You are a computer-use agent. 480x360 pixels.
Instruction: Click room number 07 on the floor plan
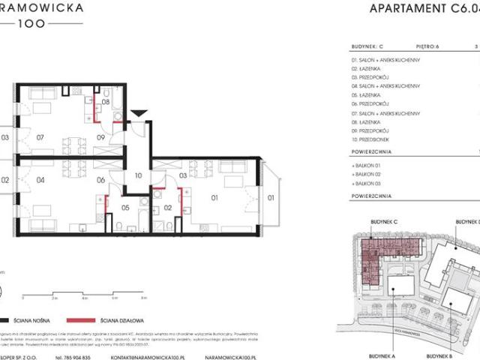point(40,137)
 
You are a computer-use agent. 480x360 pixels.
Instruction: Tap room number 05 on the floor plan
point(125,208)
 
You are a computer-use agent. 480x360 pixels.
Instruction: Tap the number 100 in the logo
point(36,22)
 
